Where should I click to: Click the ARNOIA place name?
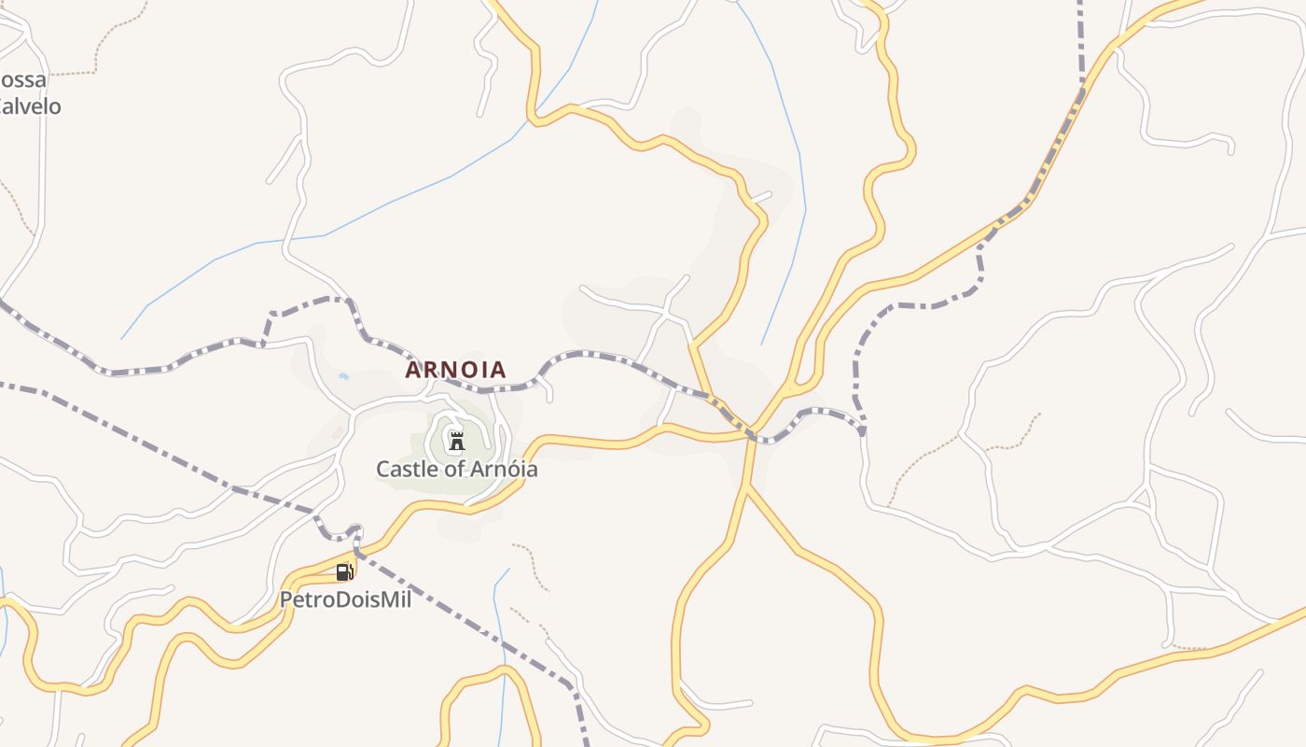[455, 370]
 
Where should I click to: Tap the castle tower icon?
[456, 441]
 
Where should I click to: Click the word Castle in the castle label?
[405, 469]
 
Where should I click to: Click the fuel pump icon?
[344, 571]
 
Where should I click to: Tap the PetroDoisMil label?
[345, 599]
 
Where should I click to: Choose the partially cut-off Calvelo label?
[30, 106]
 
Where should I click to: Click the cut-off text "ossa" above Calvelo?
[23, 79]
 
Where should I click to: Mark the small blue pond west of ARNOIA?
[344, 376]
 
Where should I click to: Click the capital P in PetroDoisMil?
[286, 599]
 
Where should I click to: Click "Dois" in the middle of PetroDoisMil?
[358, 599]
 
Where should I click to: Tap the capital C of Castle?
[382, 469]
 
